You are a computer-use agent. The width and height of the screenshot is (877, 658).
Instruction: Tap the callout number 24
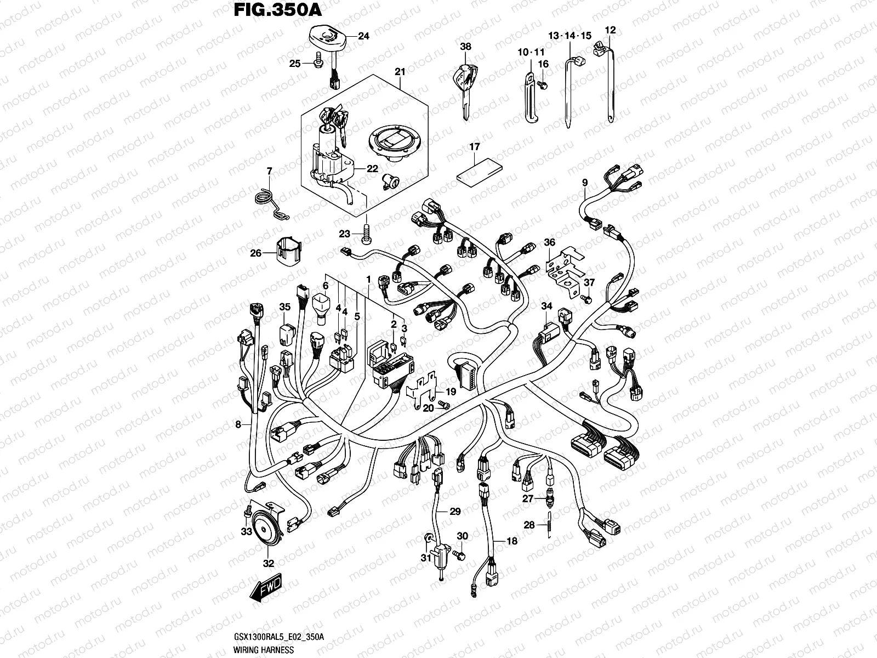tap(363, 37)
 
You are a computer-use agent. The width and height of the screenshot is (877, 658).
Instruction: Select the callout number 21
tap(400, 72)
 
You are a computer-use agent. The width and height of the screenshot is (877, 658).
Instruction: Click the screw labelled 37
tap(585, 299)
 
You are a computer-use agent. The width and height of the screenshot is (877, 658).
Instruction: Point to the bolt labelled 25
tap(317, 64)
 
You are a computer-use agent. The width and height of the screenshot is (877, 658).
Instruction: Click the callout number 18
tap(511, 541)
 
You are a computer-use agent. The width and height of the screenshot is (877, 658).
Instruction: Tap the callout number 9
tap(585, 183)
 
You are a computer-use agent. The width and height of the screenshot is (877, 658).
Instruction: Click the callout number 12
tap(610, 30)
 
